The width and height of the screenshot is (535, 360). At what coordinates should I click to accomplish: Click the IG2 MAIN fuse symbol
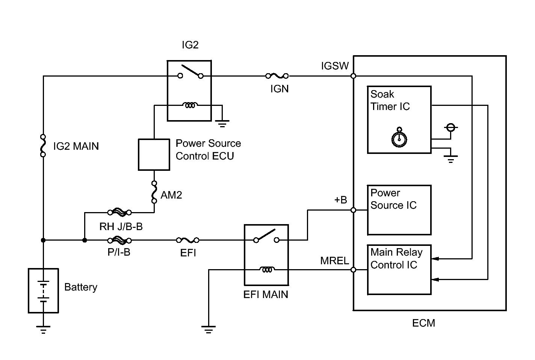(43, 146)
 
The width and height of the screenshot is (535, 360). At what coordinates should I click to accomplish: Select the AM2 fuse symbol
(154, 192)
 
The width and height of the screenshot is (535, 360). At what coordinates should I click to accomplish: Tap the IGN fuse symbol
(277, 76)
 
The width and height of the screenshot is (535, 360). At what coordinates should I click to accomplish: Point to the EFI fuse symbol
(188, 240)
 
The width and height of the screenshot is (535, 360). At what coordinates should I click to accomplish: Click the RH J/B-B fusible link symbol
(119, 212)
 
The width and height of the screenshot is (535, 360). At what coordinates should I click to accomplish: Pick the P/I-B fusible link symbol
(119, 241)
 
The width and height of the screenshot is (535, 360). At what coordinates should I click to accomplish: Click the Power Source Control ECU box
(154, 155)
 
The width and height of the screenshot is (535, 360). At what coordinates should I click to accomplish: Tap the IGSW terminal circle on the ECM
(354, 76)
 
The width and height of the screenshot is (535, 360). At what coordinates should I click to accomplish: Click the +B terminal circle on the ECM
(354, 210)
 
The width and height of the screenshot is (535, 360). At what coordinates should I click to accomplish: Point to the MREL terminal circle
(354, 270)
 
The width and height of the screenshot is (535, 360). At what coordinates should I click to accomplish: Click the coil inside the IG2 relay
(190, 105)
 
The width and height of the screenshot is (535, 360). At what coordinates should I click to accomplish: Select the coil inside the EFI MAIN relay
(267, 270)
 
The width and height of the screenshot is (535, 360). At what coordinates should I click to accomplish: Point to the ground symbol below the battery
(43, 330)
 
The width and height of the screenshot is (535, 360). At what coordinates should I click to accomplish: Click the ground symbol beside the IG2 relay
(222, 124)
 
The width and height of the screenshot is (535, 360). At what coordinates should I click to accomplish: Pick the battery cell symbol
(43, 291)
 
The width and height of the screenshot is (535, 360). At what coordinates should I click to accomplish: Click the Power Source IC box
(399, 210)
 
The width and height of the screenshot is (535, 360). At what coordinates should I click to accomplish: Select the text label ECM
(423, 323)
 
